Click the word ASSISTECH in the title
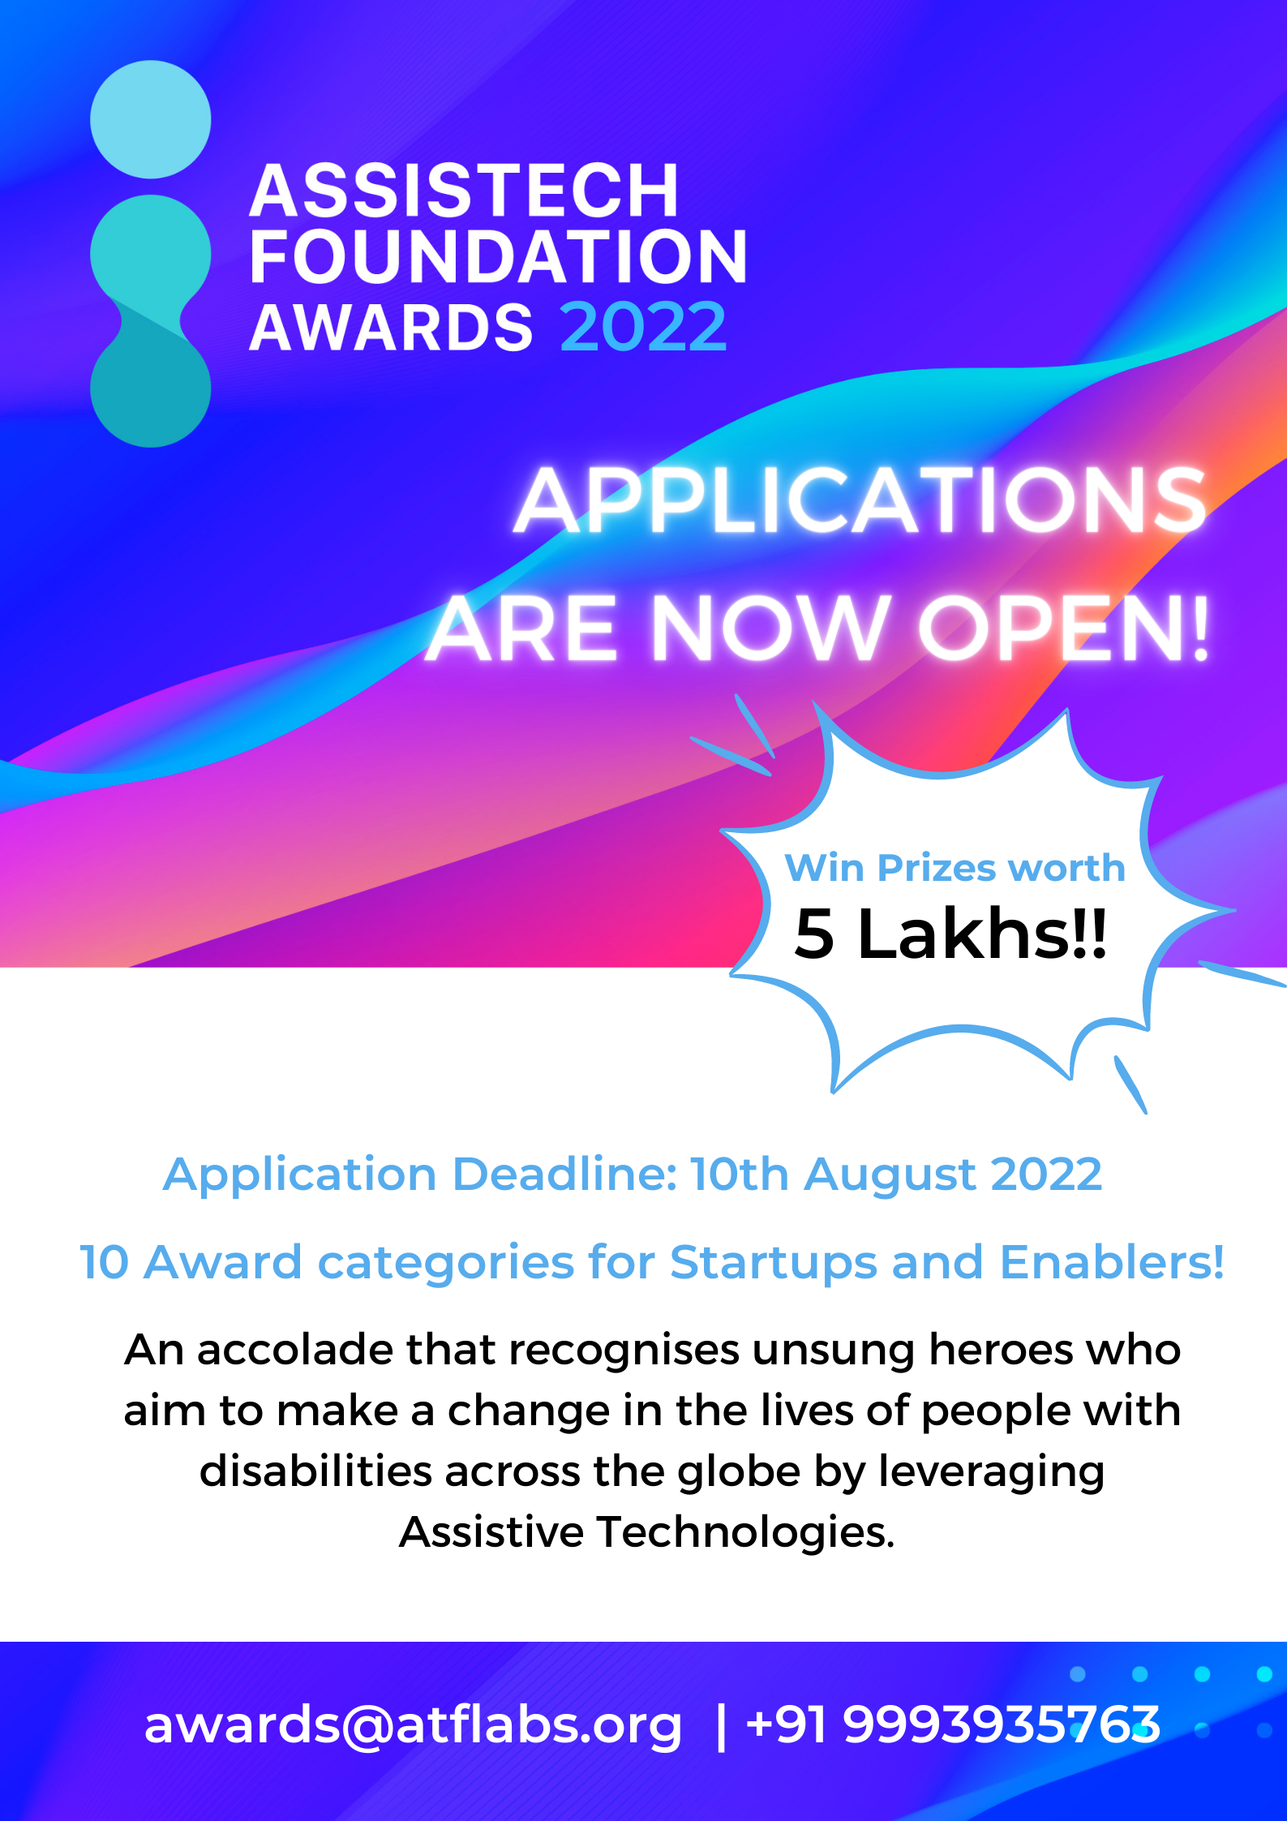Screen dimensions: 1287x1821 (x=464, y=191)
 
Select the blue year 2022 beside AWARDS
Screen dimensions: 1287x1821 (x=643, y=327)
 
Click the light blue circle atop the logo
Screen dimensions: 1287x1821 (x=151, y=119)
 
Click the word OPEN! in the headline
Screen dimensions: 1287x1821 (x=1064, y=628)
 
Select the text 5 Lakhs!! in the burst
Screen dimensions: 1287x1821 (x=950, y=934)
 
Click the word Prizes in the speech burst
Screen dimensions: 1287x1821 (x=937, y=868)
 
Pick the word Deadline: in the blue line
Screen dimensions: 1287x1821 (x=564, y=1174)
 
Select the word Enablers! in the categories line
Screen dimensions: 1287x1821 (x=1112, y=1262)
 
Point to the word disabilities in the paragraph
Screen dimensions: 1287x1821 (x=315, y=1471)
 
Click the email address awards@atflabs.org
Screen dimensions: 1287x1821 (x=413, y=1725)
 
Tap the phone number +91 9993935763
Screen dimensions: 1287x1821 (x=953, y=1724)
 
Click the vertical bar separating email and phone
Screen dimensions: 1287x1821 (x=721, y=1725)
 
